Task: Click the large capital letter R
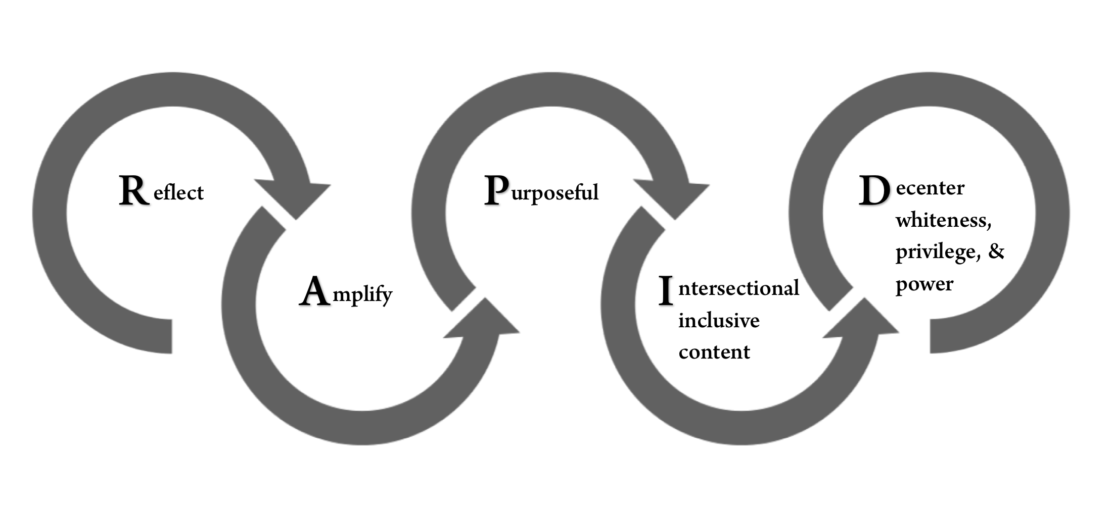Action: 134,191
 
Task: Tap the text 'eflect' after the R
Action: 178,193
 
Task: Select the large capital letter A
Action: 315,291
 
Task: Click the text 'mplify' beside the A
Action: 362,294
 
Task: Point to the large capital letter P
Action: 496,190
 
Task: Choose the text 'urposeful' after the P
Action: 555,193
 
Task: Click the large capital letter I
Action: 666,291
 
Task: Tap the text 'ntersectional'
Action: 738,288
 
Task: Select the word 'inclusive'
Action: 719,320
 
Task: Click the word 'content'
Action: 714,352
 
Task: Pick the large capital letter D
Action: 874,191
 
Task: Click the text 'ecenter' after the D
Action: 930,188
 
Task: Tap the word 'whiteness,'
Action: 943,220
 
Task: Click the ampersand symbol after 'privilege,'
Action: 996,251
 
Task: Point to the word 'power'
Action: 924,284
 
